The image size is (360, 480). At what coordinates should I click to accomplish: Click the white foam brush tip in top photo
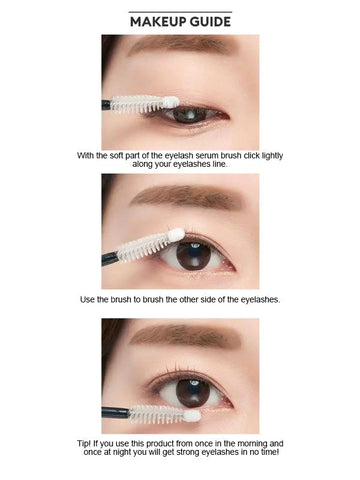click(x=171, y=102)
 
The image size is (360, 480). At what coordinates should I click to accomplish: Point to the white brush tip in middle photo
click(x=176, y=235)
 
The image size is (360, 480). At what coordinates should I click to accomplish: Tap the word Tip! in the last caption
click(x=85, y=442)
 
